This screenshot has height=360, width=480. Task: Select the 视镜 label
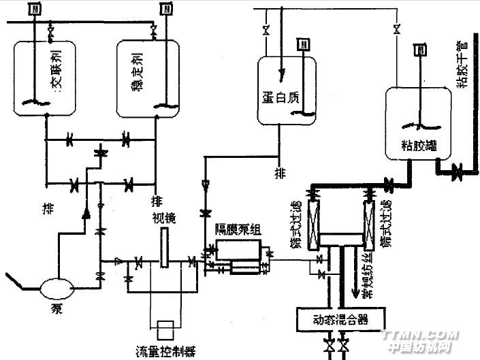pos(165,218)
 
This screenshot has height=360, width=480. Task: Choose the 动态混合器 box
pos(342,318)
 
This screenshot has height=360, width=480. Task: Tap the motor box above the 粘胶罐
pos(421,50)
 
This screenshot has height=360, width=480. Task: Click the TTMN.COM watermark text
pos(417,336)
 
